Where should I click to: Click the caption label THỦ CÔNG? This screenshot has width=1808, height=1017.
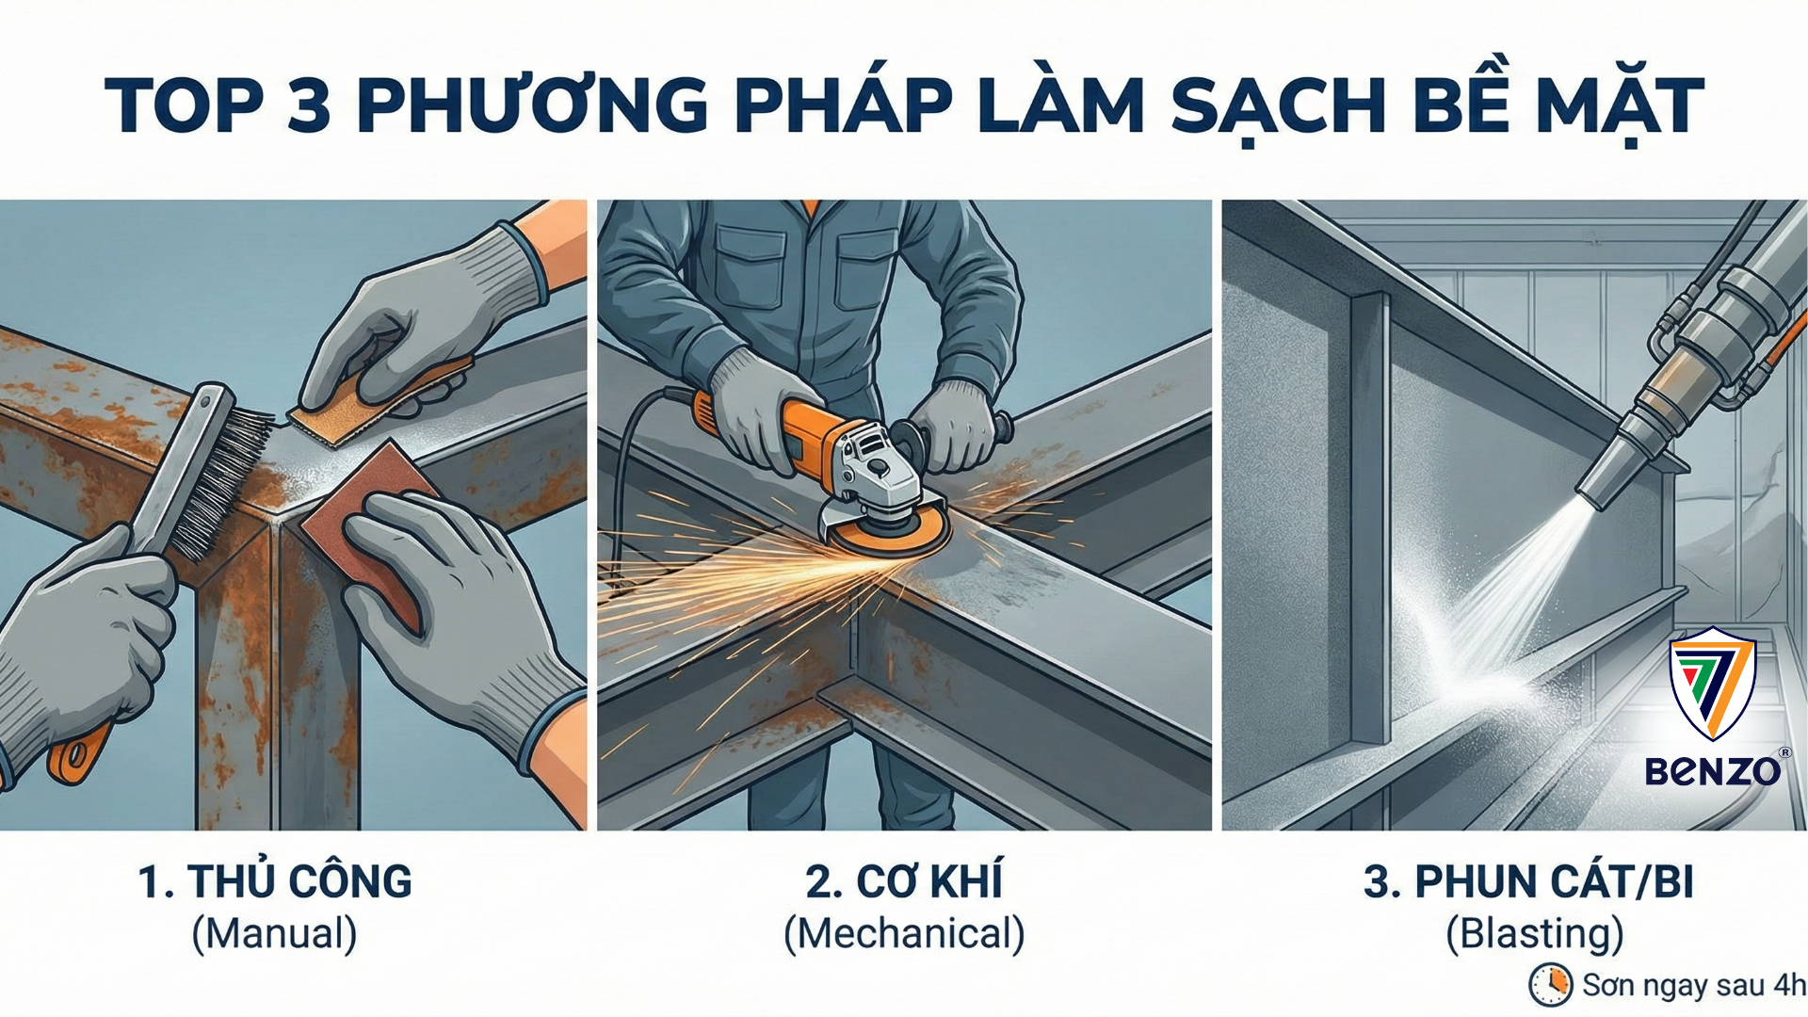[x=275, y=882]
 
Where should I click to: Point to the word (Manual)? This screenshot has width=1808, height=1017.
[x=275, y=934]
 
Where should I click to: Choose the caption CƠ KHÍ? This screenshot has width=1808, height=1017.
[x=904, y=882]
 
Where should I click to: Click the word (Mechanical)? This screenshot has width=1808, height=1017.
[x=904, y=934]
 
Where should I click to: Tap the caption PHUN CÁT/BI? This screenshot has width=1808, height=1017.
[x=1528, y=882]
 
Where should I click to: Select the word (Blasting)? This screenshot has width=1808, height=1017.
[x=1535, y=934]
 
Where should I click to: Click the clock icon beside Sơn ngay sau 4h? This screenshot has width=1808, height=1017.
[x=1550, y=985]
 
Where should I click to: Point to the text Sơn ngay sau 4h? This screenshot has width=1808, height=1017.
[x=1693, y=985]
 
